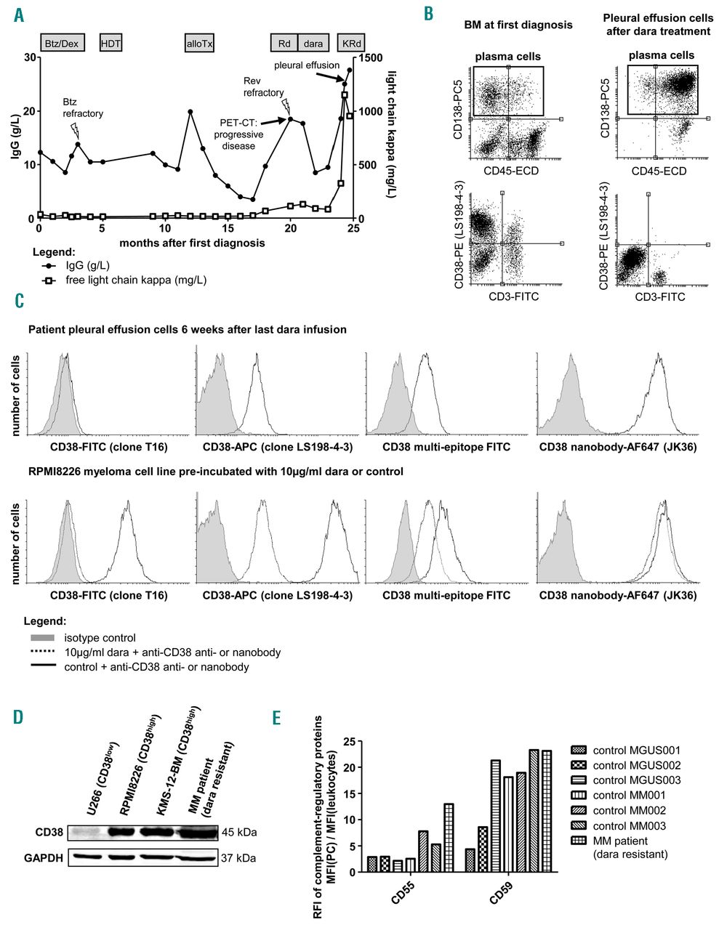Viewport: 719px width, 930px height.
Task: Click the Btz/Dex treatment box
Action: pos(63,44)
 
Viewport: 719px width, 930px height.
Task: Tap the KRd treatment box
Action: pos(350,44)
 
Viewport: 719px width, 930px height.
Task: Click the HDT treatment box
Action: pos(111,44)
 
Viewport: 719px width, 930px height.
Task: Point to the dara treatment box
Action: pos(313,44)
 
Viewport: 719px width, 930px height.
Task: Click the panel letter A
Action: pos(19,15)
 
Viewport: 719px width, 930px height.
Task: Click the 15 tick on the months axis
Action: pos(228,228)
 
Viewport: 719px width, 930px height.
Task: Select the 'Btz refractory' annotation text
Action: pos(83,108)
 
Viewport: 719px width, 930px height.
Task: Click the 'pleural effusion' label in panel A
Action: pos(307,65)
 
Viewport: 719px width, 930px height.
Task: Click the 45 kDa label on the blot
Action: pos(238,832)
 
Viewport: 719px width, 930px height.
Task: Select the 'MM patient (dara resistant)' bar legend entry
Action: pos(628,847)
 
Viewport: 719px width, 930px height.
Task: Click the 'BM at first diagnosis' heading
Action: pos(518,25)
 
